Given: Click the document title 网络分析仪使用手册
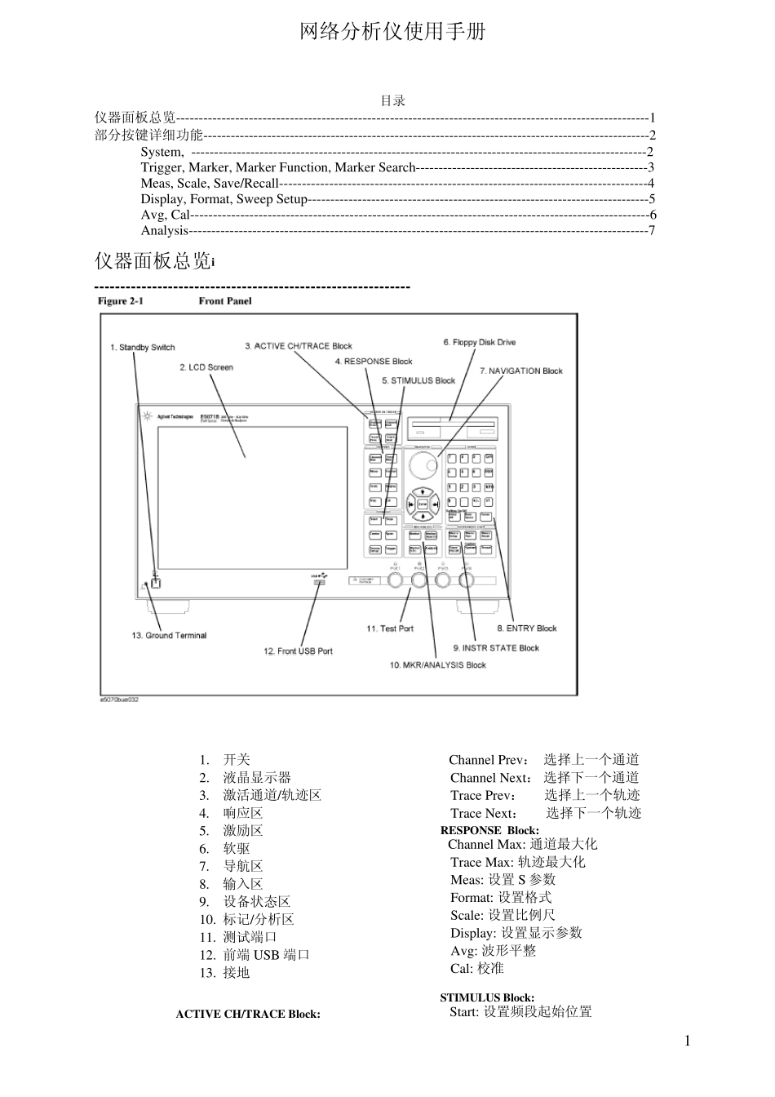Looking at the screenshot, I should click(x=392, y=32).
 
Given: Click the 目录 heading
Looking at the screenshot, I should click(x=392, y=101).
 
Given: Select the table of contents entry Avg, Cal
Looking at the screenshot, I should click(x=165, y=215).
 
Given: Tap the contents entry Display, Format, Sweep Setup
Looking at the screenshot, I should click(x=224, y=199).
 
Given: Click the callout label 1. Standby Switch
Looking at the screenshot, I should click(x=143, y=348).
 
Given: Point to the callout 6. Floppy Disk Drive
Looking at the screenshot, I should click(x=479, y=343).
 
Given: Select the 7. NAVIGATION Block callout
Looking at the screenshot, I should click(x=520, y=371).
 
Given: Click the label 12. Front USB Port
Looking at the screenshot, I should click(x=298, y=651).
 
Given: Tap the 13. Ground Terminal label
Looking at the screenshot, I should click(x=169, y=636).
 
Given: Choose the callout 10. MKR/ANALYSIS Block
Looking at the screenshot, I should click(x=437, y=665).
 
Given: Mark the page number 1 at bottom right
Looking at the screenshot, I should click(x=687, y=1040).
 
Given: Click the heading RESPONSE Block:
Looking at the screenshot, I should click(x=489, y=830).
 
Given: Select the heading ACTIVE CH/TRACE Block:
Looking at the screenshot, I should click(x=248, y=1015).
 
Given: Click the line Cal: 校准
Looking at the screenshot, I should click(x=477, y=969).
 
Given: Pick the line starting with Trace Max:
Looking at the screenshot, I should click(x=517, y=862).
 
